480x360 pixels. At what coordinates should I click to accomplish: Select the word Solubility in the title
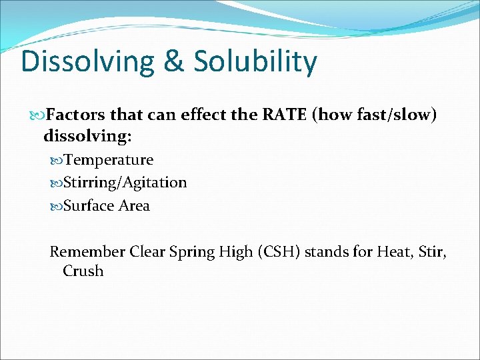[255, 62]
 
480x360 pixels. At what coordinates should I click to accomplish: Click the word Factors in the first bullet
[77, 115]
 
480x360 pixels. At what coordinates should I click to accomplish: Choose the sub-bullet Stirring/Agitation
[125, 183]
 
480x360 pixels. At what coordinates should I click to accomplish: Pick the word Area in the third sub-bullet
[134, 206]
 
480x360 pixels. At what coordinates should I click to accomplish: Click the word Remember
[87, 252]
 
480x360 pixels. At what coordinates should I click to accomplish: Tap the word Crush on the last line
[83, 271]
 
